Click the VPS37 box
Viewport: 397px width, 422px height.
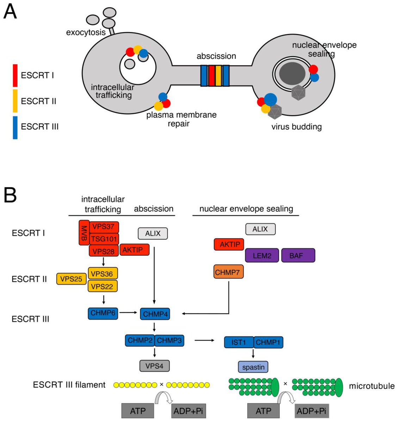click(x=104, y=227)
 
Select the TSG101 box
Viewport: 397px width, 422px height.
click(x=104, y=239)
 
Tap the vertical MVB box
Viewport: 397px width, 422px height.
click(x=84, y=233)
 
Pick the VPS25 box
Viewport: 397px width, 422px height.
click(x=71, y=279)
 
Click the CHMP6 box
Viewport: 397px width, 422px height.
click(x=103, y=313)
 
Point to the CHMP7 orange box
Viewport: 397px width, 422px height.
click(x=228, y=271)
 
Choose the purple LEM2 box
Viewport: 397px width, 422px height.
click(x=262, y=255)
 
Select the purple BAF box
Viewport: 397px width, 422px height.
click(x=298, y=255)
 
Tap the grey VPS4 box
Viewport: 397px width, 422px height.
click(x=155, y=366)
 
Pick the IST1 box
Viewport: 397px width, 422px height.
click(x=239, y=342)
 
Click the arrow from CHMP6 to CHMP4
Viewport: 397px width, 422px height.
click(x=128, y=312)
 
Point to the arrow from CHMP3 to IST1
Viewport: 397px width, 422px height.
click(x=204, y=340)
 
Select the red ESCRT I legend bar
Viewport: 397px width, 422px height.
click(x=15, y=76)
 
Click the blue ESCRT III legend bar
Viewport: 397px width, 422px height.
click(x=15, y=128)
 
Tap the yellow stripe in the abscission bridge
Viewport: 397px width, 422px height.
click(x=218, y=76)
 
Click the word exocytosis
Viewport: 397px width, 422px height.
click(x=86, y=32)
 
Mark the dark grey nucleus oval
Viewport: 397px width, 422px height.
click(x=292, y=73)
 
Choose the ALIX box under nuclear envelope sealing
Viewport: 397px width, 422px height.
click(x=260, y=229)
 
